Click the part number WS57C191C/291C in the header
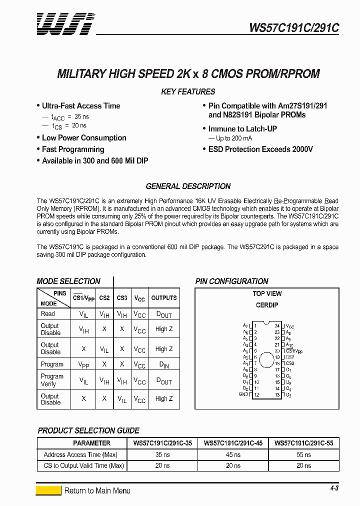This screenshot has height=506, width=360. click(294, 28)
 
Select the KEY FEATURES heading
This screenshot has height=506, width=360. click(188, 91)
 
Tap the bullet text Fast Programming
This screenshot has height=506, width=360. click(73, 149)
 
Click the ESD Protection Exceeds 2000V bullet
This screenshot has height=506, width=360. click(260, 149)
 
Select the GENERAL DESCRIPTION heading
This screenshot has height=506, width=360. click(188, 186)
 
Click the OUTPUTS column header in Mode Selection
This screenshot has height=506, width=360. click(164, 298)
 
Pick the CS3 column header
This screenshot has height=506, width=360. click(122, 298)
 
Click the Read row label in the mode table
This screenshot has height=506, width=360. click(48, 314)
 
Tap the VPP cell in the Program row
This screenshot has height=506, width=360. click(84, 364)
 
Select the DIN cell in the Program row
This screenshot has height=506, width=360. click(164, 365)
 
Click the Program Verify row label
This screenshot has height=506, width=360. click(52, 380)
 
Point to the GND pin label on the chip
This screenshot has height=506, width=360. click(243, 394)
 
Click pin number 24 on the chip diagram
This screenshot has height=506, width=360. click(276, 326)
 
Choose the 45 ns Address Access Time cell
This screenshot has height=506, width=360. click(233, 454)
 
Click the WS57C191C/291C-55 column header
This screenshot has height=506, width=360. click(303, 443)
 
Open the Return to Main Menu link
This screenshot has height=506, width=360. click(97, 490)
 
